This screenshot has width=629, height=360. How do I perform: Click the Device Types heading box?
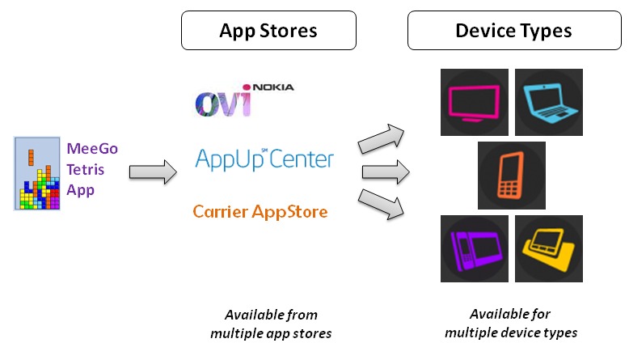(514, 31)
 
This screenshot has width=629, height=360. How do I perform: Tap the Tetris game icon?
(38, 174)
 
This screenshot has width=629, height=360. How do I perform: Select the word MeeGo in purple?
(92, 149)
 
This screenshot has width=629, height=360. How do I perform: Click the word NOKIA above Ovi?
(273, 87)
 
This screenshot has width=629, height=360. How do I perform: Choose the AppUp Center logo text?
(264, 158)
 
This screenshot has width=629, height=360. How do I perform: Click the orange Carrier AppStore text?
(260, 212)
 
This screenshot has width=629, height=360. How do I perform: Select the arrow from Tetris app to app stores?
(153, 172)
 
